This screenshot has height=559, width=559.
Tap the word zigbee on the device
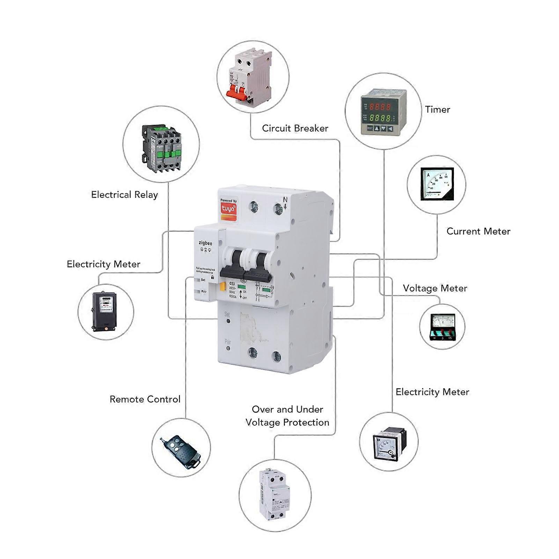205,243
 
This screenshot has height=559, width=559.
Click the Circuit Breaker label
295,128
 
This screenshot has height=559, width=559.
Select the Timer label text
437,109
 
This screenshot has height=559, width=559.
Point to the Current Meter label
478,231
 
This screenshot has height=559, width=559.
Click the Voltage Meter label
435,288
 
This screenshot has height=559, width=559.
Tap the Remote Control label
145,399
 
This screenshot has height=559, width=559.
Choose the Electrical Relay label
124,194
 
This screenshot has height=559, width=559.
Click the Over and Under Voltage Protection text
287,416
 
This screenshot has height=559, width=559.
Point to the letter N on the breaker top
285,200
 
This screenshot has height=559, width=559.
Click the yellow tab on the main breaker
222,287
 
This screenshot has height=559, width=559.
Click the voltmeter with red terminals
442,326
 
